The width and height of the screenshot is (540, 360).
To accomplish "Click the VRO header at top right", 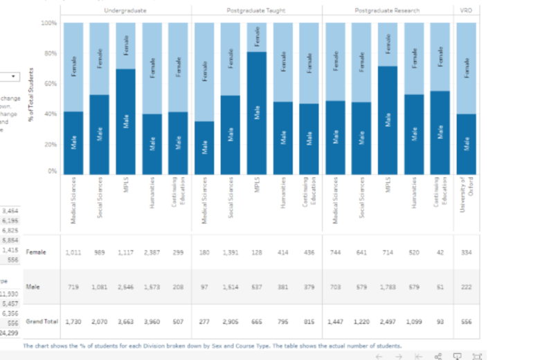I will (467, 11).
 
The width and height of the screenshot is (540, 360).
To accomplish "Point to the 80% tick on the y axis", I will (49, 53).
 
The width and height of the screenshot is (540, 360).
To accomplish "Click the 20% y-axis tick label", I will (49, 144).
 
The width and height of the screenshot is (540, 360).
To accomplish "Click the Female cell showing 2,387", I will (152, 253).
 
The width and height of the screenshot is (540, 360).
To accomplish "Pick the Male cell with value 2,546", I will (126, 286).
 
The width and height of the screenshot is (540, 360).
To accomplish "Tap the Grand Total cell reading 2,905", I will (231, 321).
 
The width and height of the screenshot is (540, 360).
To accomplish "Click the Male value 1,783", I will (388, 286).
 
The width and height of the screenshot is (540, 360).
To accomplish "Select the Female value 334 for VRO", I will (467, 253).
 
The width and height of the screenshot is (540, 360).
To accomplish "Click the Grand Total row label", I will (41, 321).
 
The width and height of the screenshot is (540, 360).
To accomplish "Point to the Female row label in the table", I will (36, 253).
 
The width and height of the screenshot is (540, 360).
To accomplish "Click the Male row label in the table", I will (33, 286).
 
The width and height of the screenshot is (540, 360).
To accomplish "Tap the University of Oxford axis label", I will (467, 195).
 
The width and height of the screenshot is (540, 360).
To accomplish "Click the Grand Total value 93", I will (440, 321).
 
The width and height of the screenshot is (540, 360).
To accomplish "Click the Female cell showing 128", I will (257, 253).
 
